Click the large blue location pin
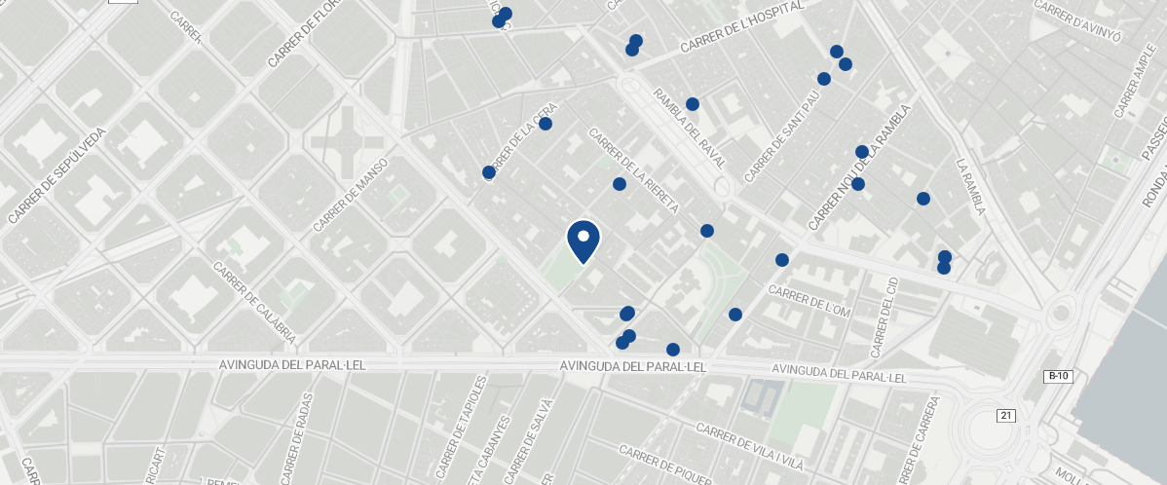(583, 241)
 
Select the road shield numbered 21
(1006, 416)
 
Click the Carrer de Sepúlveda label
(56, 176)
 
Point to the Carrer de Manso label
(351, 195)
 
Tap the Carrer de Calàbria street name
(253, 302)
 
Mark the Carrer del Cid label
(885, 317)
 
